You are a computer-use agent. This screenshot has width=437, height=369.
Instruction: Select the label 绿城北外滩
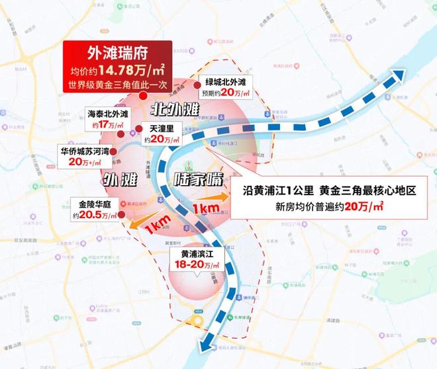[x=226, y=81]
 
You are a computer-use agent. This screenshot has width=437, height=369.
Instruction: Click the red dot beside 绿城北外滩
[x=196, y=85]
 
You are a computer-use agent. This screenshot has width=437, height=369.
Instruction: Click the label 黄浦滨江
[x=195, y=253]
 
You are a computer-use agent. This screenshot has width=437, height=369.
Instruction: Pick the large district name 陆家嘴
[x=195, y=179]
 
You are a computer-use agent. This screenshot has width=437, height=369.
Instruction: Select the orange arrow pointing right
[x=207, y=202]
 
